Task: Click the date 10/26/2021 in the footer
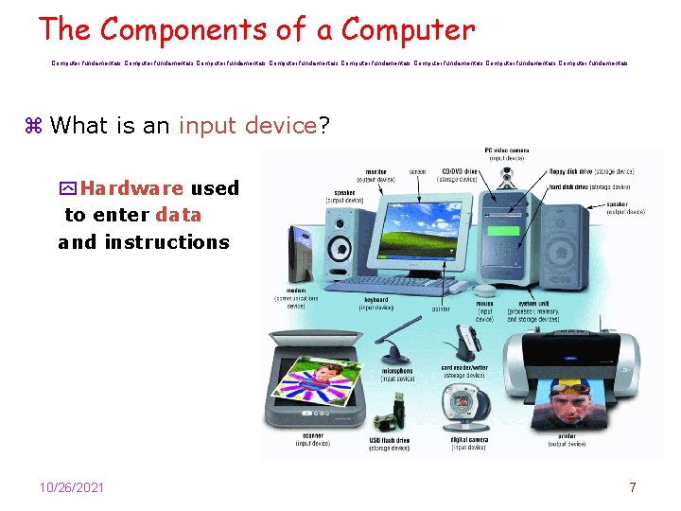click(72, 487)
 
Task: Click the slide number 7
click(632, 487)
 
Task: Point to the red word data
click(179, 215)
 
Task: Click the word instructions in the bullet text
click(166, 242)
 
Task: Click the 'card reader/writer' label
click(463, 368)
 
